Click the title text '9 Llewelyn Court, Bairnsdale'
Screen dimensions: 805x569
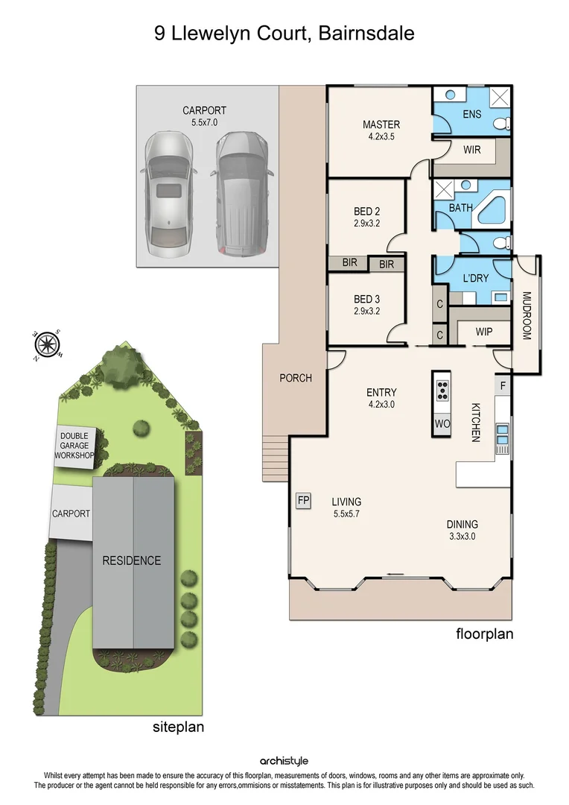(x=284, y=34)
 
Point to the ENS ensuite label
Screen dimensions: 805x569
(x=471, y=114)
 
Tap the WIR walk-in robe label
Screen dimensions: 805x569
(x=471, y=150)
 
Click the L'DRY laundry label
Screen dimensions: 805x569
(x=474, y=278)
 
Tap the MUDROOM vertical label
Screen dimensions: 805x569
(x=525, y=315)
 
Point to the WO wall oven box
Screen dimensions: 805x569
(x=442, y=423)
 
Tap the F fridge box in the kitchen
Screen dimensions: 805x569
(x=503, y=385)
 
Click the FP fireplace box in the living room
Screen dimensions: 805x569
(x=304, y=500)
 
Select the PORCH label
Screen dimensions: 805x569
(x=295, y=378)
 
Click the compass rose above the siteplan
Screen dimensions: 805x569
(x=47, y=344)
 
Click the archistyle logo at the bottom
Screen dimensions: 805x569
(x=284, y=761)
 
